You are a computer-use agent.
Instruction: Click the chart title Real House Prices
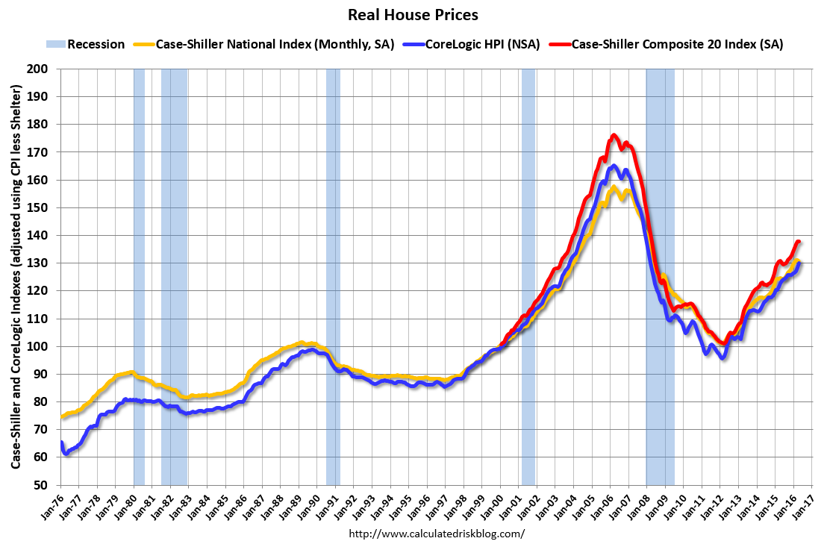coord(413,15)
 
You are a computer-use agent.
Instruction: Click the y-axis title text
coord(16,277)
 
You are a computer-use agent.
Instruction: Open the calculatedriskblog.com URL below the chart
coord(437,534)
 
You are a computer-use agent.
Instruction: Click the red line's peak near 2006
coord(614,135)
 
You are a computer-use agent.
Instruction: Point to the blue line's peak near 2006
coord(614,166)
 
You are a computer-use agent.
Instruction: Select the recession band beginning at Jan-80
coord(139,276)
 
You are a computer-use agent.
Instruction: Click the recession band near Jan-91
coord(333,276)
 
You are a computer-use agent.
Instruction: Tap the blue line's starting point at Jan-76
coord(61,444)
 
